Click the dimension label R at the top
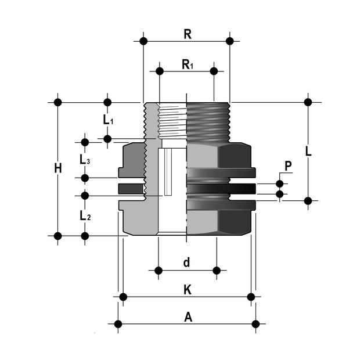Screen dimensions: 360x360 (187, 34)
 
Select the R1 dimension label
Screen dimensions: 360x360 (187, 64)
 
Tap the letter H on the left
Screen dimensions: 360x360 (57, 169)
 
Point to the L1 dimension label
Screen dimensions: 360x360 (108, 121)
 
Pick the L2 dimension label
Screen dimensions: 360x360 (85, 215)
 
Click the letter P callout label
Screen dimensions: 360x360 (288, 165)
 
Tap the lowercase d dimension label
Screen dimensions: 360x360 (186, 262)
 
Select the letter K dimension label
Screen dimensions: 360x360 (187, 290)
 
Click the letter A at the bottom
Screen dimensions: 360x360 (187, 316)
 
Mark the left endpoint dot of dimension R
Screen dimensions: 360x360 (143, 41)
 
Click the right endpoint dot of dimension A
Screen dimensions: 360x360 (255, 323)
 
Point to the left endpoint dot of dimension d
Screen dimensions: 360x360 (159, 271)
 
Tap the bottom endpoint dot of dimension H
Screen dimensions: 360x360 (57, 236)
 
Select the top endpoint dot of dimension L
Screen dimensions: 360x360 (308, 102)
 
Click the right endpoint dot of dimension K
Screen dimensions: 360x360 (251, 297)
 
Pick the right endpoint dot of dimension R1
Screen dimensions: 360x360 (214, 71)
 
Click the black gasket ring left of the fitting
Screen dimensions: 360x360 (131, 188)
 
